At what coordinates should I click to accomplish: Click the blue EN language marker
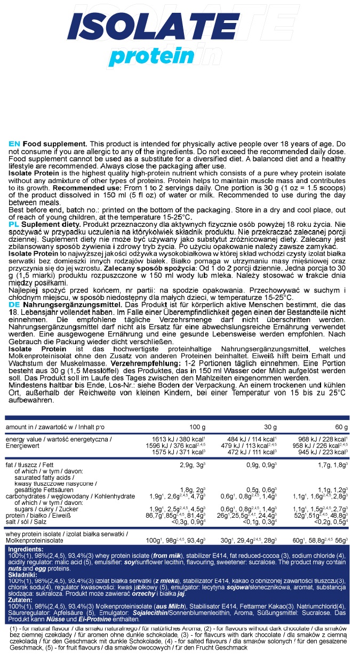[x=14, y=144]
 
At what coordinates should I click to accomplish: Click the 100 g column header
[x=197, y=428]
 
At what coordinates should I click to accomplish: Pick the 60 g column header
[x=341, y=428]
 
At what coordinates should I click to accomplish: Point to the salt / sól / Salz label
[x=28, y=522]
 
